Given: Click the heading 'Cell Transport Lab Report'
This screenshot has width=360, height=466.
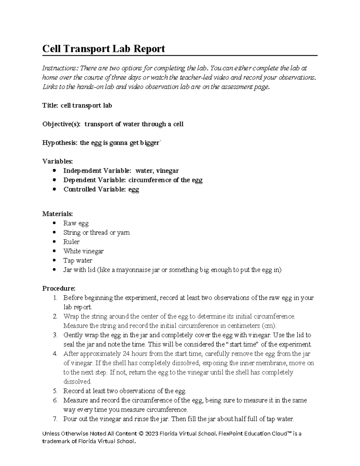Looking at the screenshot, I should click(103, 49).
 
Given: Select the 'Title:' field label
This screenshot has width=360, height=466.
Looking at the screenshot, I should click(50, 106).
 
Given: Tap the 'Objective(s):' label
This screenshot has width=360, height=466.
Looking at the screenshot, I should click(61, 124).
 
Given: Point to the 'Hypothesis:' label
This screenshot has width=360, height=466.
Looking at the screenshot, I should click(60, 143).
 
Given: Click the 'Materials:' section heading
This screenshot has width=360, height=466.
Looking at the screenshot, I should click(57, 214).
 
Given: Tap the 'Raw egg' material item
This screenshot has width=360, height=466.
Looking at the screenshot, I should click(76, 223).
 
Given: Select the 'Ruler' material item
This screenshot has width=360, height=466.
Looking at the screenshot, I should click(71, 242).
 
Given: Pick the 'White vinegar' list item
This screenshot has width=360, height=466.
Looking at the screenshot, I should click(83, 251).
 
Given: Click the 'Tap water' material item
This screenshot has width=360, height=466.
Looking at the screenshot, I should click(78, 260).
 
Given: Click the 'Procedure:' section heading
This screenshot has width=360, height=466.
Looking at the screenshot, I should click(58, 288).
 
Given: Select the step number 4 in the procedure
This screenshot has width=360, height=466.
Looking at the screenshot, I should click(55, 353).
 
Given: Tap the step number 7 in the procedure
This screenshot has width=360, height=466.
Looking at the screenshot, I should click(55, 419).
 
